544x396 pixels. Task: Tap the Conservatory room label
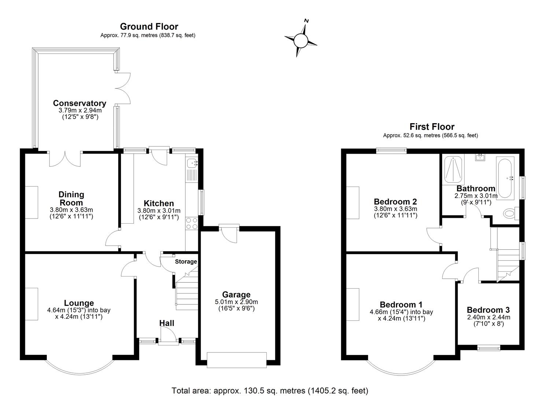tap(79, 103)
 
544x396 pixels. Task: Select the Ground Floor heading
tap(149, 26)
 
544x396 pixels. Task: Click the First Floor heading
tap(432, 127)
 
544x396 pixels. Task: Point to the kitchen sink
tap(192, 164)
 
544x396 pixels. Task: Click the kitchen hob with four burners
tap(192, 223)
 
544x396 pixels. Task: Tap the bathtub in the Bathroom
tap(506, 178)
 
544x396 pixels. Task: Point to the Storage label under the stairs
tap(186, 261)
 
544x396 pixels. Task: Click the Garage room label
tap(236, 294)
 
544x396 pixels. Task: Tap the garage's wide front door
tap(237, 360)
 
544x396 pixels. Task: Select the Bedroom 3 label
tap(488, 310)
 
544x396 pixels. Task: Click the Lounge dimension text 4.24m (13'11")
tap(79, 317)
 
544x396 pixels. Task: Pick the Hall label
tap(167, 323)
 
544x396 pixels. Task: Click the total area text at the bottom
tap(270, 390)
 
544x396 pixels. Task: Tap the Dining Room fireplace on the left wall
tap(32, 202)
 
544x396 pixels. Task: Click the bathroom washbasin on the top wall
tap(480, 158)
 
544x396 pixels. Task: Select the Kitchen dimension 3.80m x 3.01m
tap(159, 211)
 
